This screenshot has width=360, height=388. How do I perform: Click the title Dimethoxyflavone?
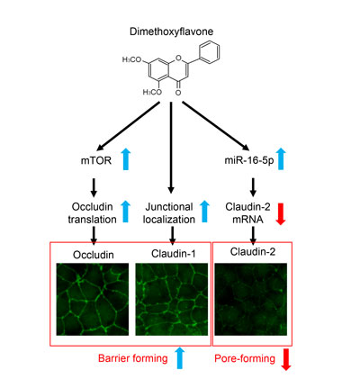pos(171,32)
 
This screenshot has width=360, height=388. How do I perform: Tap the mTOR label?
pos(96,160)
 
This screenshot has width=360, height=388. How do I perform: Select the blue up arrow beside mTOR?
pos(126,159)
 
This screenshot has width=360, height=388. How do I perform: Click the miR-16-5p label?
pos(249,160)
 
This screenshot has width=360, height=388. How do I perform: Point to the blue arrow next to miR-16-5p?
pos(281,159)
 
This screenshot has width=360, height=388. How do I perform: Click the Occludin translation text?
pos(92,213)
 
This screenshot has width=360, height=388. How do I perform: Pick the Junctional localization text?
pos(169,213)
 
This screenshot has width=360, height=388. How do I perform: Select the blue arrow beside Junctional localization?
pos(204,212)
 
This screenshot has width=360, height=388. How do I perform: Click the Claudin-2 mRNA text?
pos(247,213)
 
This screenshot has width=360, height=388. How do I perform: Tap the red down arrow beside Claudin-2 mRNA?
pos(281,214)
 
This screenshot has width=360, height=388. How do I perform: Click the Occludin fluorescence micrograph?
pos(93,299)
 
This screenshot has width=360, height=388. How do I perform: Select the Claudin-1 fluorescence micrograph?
pos(172,299)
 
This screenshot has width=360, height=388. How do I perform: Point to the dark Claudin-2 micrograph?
pos(251,299)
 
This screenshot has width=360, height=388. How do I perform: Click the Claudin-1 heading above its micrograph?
pos(174,254)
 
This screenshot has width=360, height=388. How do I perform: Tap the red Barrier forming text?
pos(133,358)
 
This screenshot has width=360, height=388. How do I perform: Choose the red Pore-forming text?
pos(245,358)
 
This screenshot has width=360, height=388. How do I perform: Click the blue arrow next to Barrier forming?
pos(179,357)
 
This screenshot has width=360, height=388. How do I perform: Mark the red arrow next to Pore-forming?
pos(286,359)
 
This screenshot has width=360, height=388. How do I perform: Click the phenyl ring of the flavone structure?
pos(209,53)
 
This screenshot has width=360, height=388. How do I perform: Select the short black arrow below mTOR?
pos(94,188)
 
